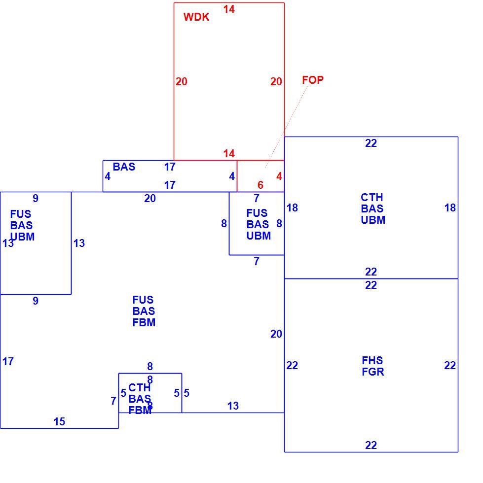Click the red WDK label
click(196, 17)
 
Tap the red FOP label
click(313, 80)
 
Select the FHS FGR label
click(372, 366)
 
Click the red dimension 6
click(260, 185)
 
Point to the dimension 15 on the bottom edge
click(59, 421)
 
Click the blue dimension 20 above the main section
click(150, 198)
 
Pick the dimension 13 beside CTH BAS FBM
click(233, 406)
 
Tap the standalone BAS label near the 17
click(124, 167)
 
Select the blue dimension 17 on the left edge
click(8, 361)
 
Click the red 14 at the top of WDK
click(229, 9)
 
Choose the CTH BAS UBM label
click(372, 208)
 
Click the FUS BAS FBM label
click(144, 311)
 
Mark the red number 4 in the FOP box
click(279, 176)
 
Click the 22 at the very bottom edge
click(371, 445)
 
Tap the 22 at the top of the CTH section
click(371, 143)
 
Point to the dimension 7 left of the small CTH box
click(113, 401)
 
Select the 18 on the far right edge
click(450, 207)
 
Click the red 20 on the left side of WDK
click(182, 81)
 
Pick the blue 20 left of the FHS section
click(276, 334)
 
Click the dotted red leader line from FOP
click(287, 126)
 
